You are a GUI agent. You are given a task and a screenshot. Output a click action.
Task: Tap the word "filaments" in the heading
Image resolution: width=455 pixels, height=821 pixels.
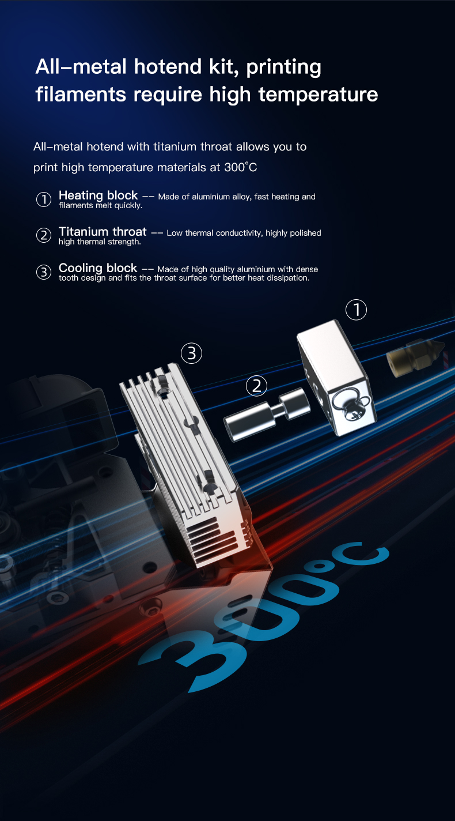79,94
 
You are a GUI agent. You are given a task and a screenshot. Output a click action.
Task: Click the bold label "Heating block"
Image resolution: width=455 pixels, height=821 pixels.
98,195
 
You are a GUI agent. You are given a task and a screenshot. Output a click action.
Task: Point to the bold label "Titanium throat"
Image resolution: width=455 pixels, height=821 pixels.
103,232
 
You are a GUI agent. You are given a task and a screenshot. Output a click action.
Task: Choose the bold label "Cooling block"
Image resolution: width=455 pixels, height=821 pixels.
98,268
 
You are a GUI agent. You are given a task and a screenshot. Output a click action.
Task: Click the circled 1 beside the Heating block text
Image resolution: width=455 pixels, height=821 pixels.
44,199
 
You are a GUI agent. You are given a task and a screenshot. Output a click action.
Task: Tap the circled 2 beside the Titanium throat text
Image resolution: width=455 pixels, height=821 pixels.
44,235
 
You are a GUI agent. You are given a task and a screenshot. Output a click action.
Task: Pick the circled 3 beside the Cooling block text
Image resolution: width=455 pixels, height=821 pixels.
44,272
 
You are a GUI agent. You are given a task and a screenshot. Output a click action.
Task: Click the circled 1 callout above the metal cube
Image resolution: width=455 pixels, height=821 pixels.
356,310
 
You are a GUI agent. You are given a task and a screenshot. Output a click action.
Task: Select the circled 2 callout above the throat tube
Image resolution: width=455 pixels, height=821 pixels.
257,386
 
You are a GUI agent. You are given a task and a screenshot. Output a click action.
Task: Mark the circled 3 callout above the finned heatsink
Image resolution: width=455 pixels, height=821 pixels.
192,353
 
